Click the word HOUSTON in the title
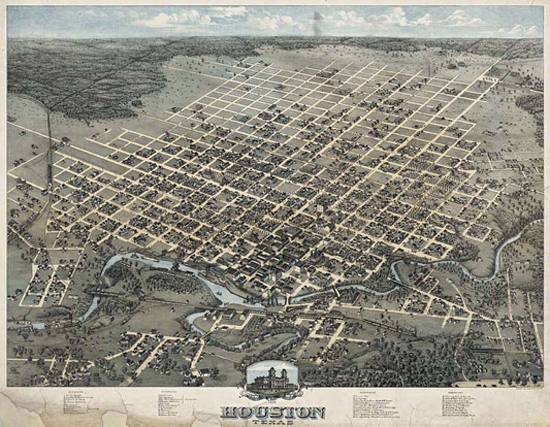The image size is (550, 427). pyautogui.click(x=273, y=412)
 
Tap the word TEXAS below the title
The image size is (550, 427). pyautogui.click(x=273, y=422)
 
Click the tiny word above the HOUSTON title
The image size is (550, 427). pyautogui.click(x=273, y=401)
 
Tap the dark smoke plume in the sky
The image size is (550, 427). pyautogui.click(x=317, y=23)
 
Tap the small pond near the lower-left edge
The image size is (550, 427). pyautogui.click(x=39, y=325)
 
